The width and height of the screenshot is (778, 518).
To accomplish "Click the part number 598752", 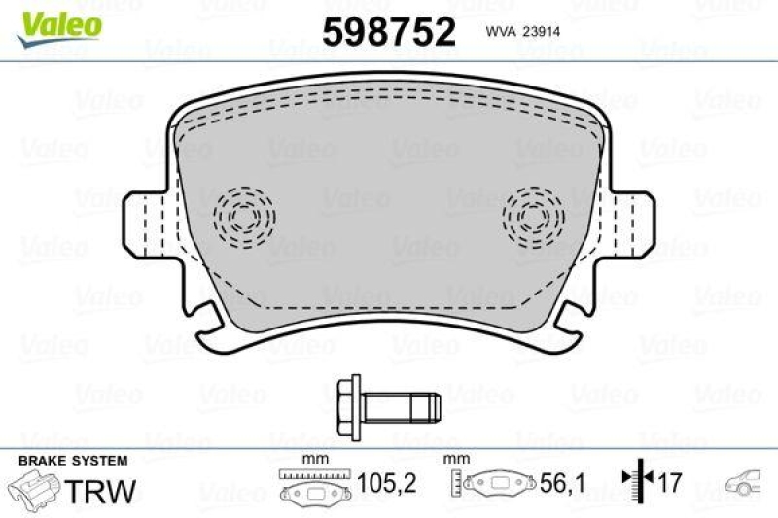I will tap(389, 33).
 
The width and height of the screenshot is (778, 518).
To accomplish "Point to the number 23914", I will tap(546, 31).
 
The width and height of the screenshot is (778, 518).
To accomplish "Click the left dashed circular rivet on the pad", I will tap(243, 215).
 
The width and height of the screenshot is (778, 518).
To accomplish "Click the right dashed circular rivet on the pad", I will tap(533, 215).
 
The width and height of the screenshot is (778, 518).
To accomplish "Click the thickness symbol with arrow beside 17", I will tap(635, 480).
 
